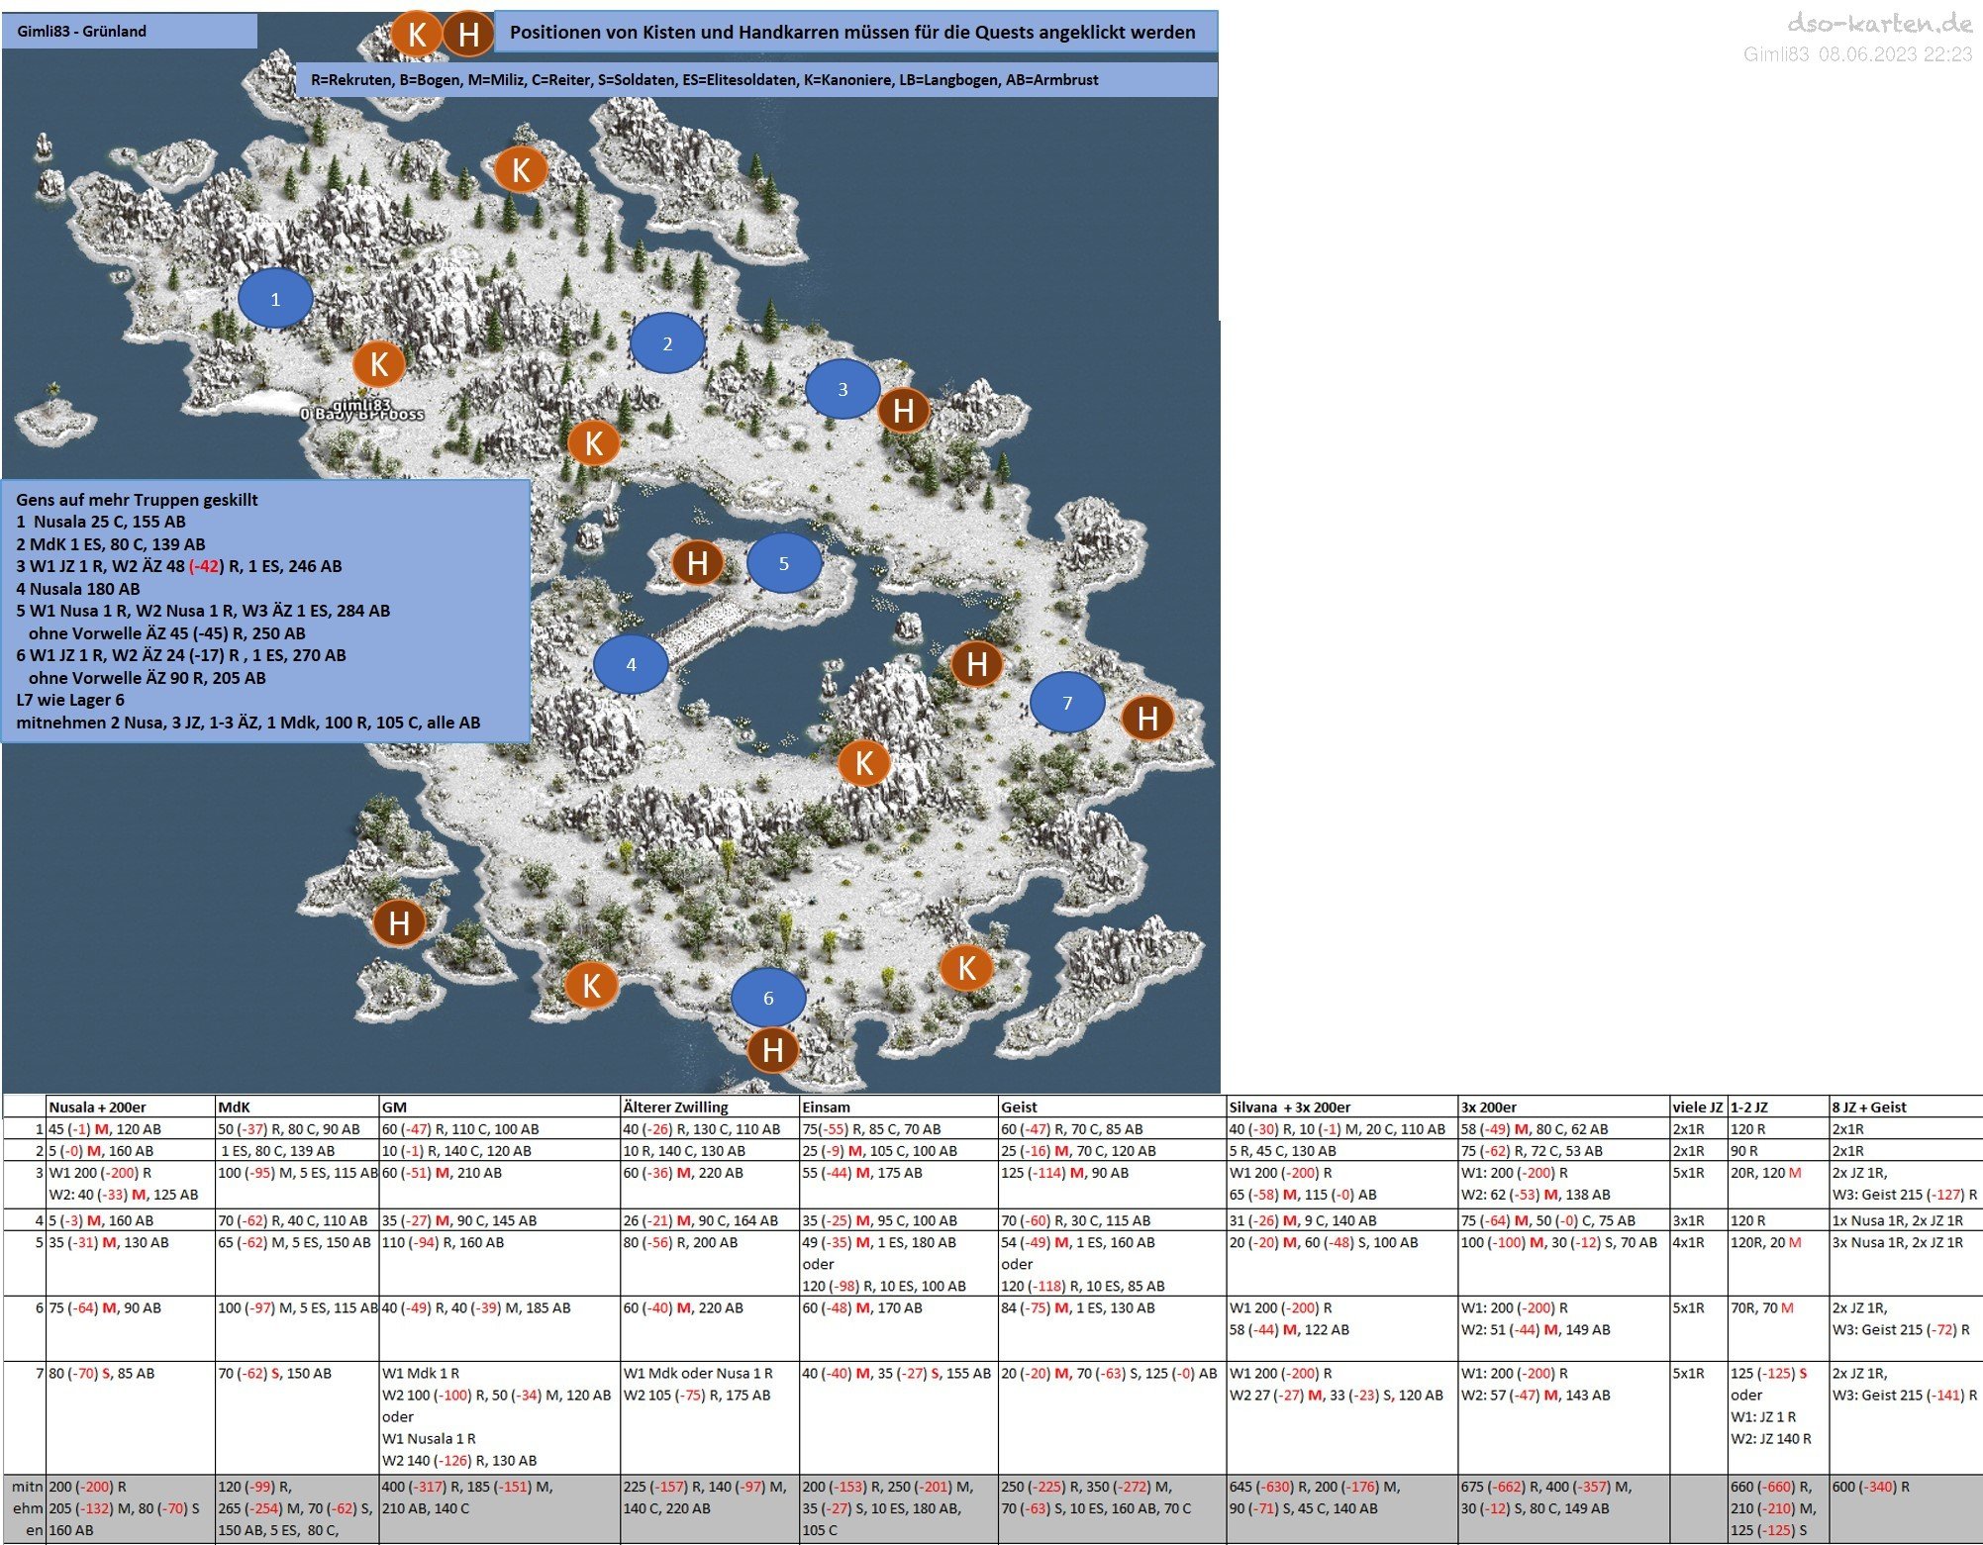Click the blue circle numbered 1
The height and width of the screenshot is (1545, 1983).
click(275, 298)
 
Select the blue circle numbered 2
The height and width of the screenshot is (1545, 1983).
click(667, 342)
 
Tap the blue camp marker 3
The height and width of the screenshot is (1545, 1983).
click(843, 389)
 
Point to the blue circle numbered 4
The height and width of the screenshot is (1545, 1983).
click(631, 664)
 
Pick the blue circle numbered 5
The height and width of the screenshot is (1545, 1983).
click(784, 563)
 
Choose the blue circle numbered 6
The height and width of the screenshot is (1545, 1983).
click(768, 998)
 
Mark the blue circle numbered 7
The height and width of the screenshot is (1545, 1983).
click(1067, 703)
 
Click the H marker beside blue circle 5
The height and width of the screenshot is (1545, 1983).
click(697, 563)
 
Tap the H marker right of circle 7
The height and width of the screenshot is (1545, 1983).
click(1147, 718)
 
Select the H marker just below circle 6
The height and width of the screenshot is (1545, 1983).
click(773, 1050)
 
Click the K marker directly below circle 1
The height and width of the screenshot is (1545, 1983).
click(379, 364)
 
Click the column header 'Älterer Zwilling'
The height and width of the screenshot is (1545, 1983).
click(675, 1107)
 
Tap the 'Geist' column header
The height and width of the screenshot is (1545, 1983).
click(1019, 1107)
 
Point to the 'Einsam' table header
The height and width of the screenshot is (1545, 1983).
click(827, 1107)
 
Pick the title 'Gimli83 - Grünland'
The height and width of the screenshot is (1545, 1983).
click(81, 32)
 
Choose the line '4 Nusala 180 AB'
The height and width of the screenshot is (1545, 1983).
click(78, 589)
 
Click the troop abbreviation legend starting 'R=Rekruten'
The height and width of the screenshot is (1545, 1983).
click(704, 80)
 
